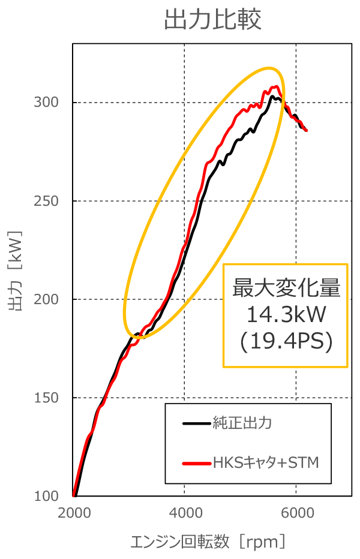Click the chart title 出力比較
point(212,20)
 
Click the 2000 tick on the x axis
point(74,514)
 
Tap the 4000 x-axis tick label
point(185,514)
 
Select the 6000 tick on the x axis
point(296,514)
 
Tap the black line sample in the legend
point(196,423)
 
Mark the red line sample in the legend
point(196,462)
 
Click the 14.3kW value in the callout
point(286,314)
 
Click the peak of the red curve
point(276,86)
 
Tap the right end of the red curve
point(307,130)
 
